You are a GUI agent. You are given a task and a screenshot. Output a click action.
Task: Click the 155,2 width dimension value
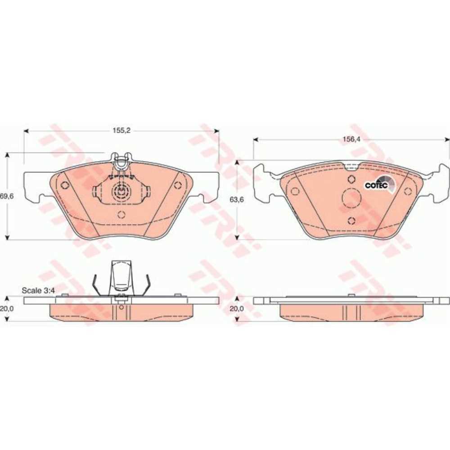(x=121, y=130)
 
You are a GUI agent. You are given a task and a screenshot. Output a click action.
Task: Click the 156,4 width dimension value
(x=351, y=139)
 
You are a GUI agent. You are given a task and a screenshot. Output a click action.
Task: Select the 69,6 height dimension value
(x=7, y=196)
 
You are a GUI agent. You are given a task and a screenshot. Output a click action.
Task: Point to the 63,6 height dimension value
(x=237, y=199)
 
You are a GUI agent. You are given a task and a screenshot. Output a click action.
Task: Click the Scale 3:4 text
(x=38, y=290)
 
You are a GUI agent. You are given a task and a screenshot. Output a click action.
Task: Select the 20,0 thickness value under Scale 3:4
(x=7, y=308)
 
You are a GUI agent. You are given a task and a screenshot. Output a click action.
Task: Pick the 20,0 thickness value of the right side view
(x=237, y=309)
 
